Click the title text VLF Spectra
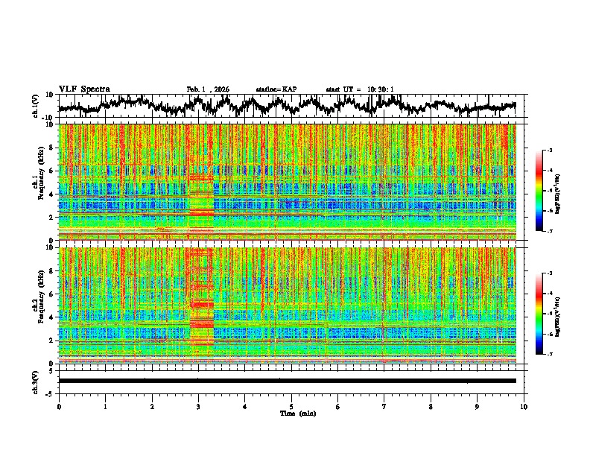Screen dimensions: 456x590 (84, 89)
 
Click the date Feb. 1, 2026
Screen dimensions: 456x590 (208, 89)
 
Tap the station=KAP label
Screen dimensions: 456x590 (276, 89)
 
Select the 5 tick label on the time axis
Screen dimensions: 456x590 (291, 406)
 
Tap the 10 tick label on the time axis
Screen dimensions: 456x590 (524, 406)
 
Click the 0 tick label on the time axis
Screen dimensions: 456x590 (59, 406)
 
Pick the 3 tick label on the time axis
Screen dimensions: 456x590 (198, 406)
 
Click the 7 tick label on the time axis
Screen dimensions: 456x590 (384, 406)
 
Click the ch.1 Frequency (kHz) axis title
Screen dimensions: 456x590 (37, 182)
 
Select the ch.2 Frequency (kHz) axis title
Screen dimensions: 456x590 (37, 305)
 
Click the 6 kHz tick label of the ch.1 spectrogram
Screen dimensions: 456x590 (53, 171)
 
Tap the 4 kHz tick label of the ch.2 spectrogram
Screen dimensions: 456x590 (53, 317)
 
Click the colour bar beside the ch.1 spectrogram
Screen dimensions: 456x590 (547, 191)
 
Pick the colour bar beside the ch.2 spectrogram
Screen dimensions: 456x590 (547, 314)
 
